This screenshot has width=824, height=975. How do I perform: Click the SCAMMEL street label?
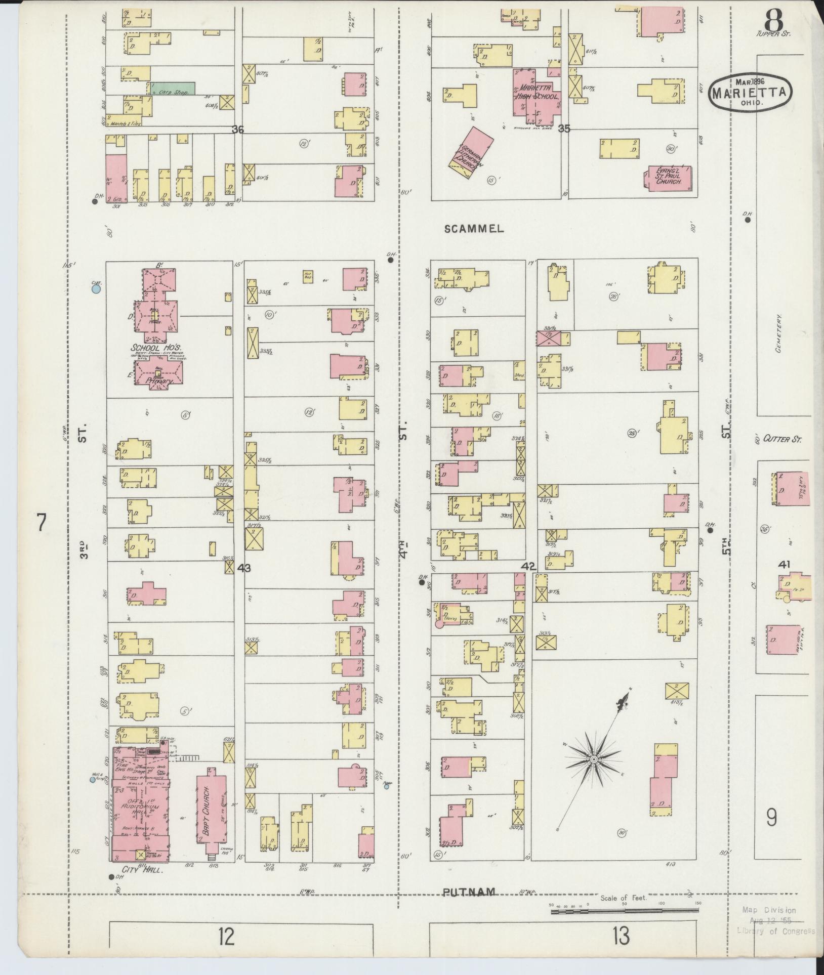(474, 229)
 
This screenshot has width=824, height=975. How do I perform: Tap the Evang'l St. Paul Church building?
(669, 178)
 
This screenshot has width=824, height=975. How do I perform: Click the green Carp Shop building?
(173, 90)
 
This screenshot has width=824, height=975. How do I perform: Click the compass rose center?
(593, 774)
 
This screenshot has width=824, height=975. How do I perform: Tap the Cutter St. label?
(782, 439)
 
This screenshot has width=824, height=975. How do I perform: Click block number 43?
(244, 568)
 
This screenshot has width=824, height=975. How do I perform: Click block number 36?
(238, 130)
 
